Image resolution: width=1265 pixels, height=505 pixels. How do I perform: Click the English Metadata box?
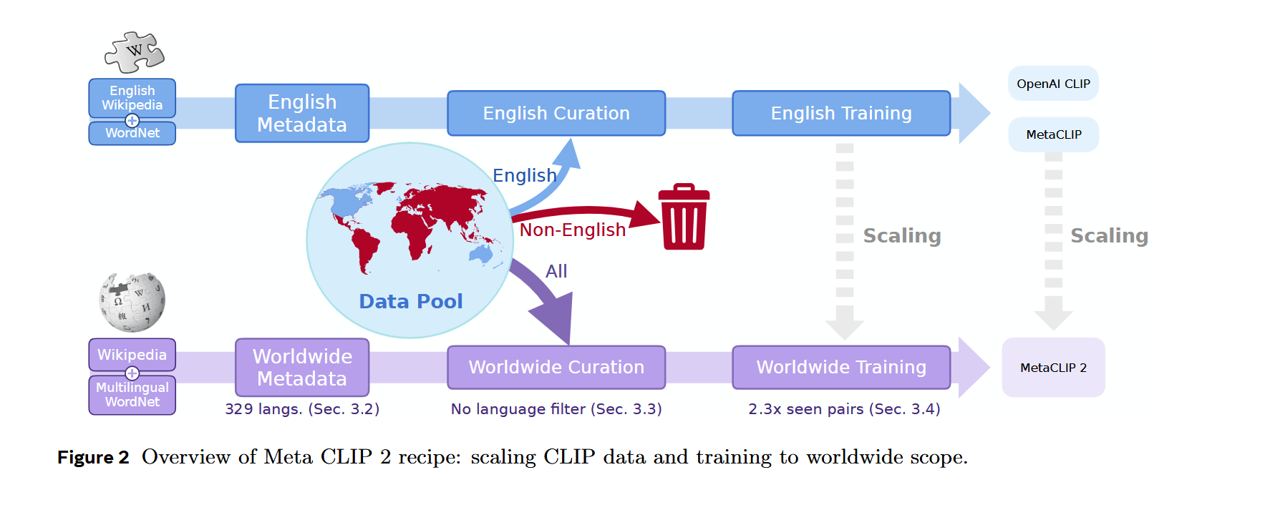click(301, 113)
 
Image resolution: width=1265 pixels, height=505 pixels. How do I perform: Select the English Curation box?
click(556, 113)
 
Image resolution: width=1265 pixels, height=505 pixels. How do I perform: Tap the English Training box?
click(840, 113)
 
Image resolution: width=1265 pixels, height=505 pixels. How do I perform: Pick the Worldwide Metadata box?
click(301, 367)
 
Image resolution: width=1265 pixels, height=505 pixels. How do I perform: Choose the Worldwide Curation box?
click(556, 367)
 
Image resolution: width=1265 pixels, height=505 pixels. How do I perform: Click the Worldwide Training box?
click(840, 367)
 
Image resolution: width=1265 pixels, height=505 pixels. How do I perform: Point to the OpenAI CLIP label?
click(1052, 84)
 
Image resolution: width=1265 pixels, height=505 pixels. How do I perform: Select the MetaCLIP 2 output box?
click(1052, 368)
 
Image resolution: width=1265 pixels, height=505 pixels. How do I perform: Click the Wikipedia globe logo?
click(132, 302)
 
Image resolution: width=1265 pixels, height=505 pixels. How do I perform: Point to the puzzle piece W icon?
click(134, 52)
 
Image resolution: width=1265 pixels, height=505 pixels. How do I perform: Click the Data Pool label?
click(410, 301)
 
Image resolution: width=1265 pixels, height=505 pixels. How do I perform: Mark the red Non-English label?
click(572, 230)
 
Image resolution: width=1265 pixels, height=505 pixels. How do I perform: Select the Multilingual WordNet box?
click(132, 395)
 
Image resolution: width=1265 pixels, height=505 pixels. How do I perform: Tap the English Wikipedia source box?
click(132, 97)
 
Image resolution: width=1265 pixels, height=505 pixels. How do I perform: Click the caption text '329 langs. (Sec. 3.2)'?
click(301, 409)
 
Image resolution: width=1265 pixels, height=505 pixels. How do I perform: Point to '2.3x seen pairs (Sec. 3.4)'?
click(843, 409)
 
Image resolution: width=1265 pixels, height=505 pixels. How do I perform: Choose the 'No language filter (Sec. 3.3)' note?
click(556, 409)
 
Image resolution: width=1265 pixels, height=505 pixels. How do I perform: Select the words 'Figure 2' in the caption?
click(93, 458)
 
